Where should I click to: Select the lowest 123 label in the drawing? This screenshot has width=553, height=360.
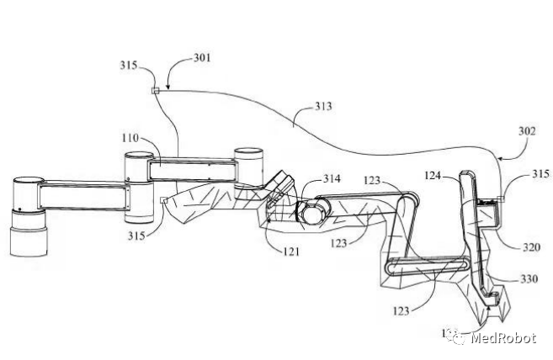[x=401, y=310]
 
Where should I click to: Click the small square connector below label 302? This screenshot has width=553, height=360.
[x=499, y=199]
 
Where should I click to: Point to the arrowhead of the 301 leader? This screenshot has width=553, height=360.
[x=167, y=87]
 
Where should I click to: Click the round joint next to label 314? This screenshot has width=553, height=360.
[x=310, y=209]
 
